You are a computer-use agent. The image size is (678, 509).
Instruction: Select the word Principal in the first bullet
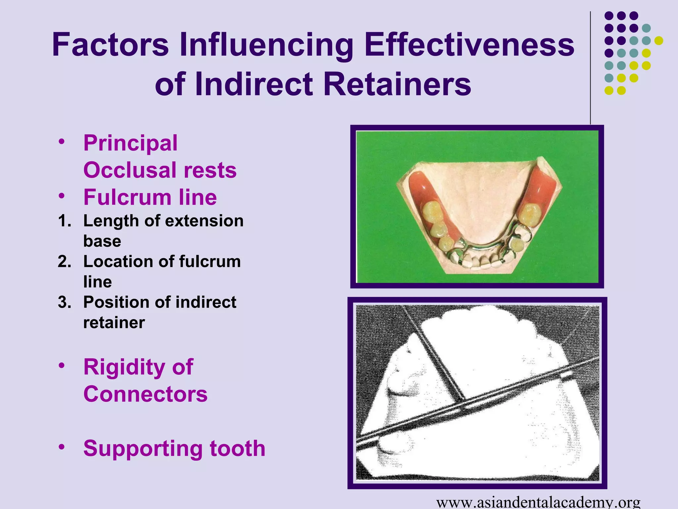(x=130, y=143)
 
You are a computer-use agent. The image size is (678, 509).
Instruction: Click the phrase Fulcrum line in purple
(x=150, y=197)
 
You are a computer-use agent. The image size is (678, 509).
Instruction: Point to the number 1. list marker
(x=65, y=221)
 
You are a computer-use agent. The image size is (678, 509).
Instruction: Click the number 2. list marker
(x=65, y=261)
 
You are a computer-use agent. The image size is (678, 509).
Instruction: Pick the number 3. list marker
(x=65, y=302)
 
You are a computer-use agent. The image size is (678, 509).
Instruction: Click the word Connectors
(x=145, y=394)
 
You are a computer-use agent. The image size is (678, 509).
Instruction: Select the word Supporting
(x=143, y=448)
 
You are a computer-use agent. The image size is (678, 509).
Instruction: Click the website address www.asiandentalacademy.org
(x=538, y=502)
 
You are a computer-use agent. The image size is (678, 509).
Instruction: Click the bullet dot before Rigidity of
(x=61, y=366)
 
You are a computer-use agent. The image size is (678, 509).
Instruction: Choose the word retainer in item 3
(x=114, y=322)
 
